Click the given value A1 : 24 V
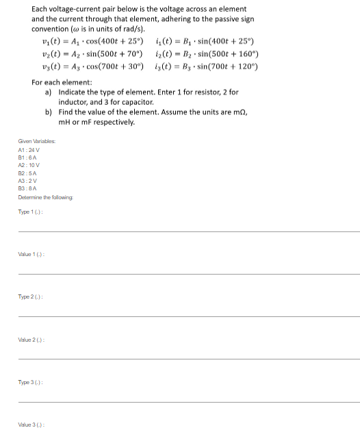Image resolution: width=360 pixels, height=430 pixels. (29, 150)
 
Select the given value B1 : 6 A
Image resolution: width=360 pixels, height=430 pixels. (27, 157)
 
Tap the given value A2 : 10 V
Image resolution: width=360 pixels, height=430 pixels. (29, 165)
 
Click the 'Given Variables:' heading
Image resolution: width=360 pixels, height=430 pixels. (37, 142)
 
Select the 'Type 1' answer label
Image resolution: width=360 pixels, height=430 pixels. (31, 212)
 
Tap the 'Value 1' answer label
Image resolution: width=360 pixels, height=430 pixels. (33, 254)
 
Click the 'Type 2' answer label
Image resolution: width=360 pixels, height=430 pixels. (31, 296)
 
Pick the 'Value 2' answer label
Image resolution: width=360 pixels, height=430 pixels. (33, 339)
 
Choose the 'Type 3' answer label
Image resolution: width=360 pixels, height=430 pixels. (31, 381)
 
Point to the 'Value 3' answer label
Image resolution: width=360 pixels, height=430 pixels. (33, 424)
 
